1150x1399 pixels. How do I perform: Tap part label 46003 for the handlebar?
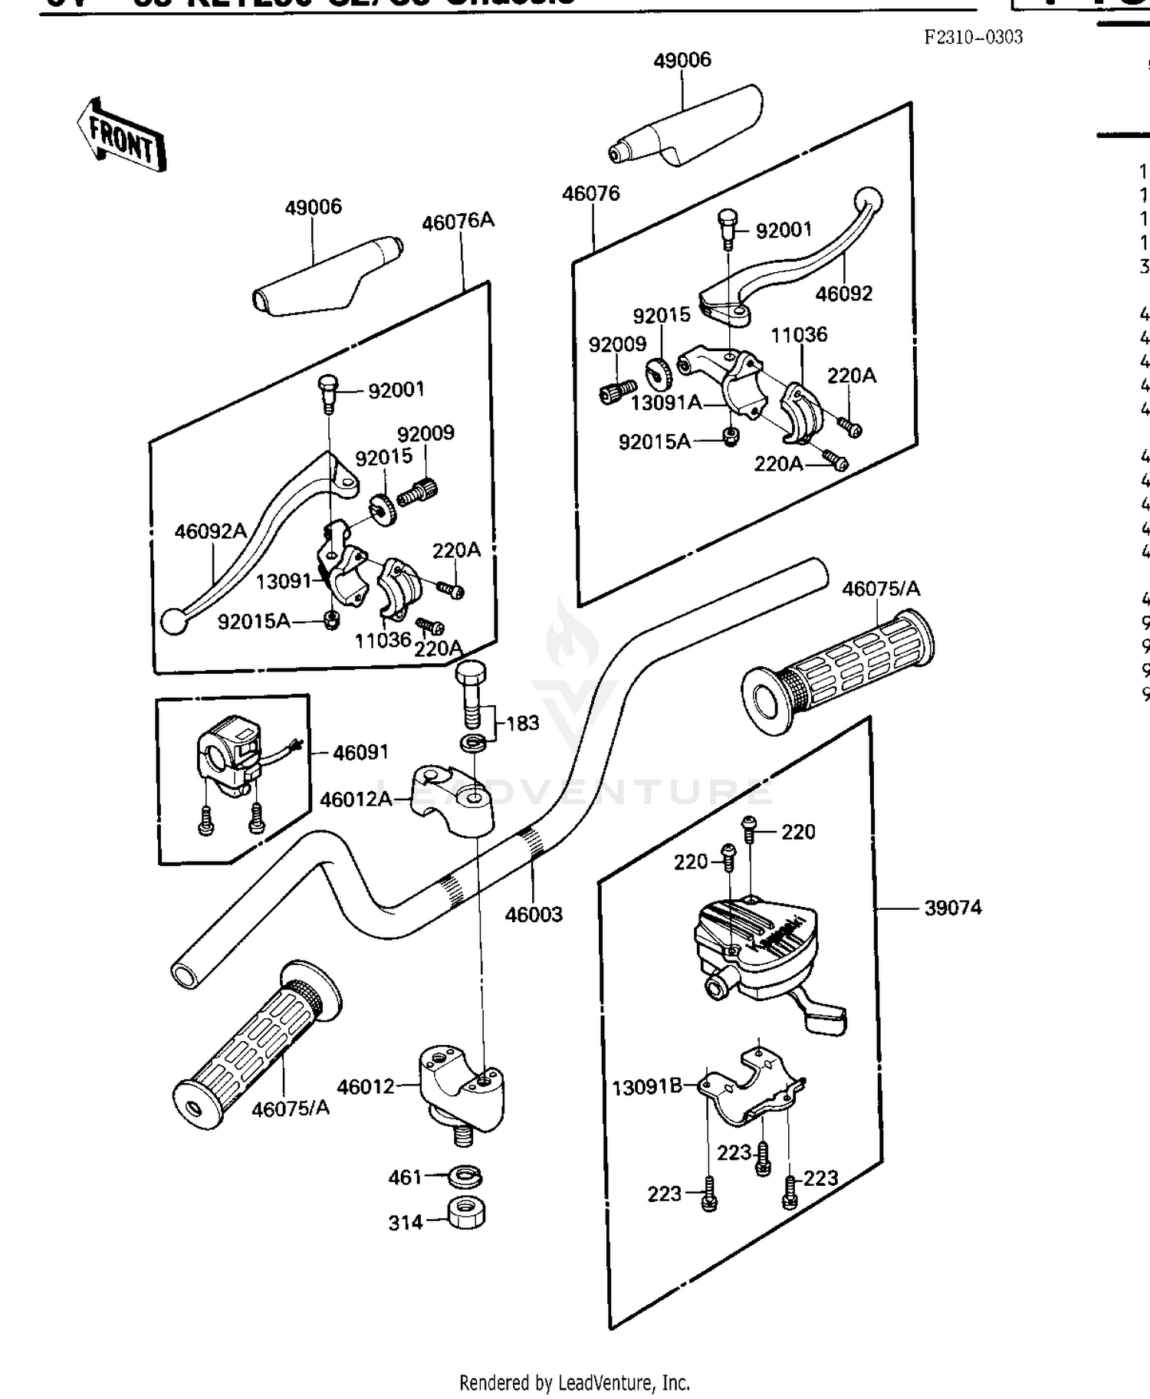click(x=534, y=914)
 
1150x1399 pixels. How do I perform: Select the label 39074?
click(x=952, y=908)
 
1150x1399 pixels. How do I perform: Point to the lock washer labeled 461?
click(x=465, y=1175)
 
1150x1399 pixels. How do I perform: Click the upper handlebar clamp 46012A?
click(x=452, y=797)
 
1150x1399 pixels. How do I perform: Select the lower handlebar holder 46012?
click(x=461, y=1088)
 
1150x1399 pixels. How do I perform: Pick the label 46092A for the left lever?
click(x=210, y=531)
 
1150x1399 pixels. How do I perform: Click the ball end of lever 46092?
click(x=869, y=200)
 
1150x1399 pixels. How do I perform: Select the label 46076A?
click(x=458, y=222)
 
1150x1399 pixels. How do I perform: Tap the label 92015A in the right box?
click(x=654, y=442)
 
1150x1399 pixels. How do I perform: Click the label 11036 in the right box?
click(x=799, y=334)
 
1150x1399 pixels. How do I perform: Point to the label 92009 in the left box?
click(x=426, y=433)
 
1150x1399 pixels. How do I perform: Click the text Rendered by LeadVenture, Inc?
click(x=574, y=1382)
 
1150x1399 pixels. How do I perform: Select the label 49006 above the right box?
click(x=682, y=60)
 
